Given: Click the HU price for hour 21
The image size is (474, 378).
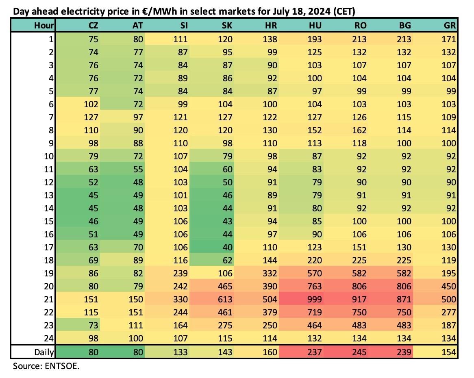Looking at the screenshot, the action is pos(314,300).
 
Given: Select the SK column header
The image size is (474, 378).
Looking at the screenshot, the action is pos(227,25).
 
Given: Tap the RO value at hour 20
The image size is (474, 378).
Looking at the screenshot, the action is pos(359,287).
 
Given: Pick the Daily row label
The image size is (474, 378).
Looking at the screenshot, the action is pos(44,352).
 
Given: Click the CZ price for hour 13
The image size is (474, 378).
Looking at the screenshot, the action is pos(93,196).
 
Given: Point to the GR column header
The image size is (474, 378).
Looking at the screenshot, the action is pos(450,25).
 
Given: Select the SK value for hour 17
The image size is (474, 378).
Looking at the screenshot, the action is pos(227,248).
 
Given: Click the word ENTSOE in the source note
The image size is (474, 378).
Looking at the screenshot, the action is pos(62,366).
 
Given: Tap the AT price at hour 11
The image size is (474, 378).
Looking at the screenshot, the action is pos(138,169).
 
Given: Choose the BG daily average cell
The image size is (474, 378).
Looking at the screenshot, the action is pos(404,352).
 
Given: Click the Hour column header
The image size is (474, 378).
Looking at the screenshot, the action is pos(44,25).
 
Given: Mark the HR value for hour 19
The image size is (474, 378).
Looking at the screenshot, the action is pos(270,274).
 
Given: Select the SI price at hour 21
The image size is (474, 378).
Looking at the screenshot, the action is pos(180,300).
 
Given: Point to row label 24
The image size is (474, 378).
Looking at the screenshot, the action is pos(49,339).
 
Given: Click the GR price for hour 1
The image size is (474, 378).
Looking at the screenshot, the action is pos(449,39).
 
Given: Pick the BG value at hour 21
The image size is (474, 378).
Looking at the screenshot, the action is pos(404,300).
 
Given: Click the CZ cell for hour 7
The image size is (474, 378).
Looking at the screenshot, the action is pos(91,117).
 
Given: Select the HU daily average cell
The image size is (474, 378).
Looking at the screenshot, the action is pos(314,352).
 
